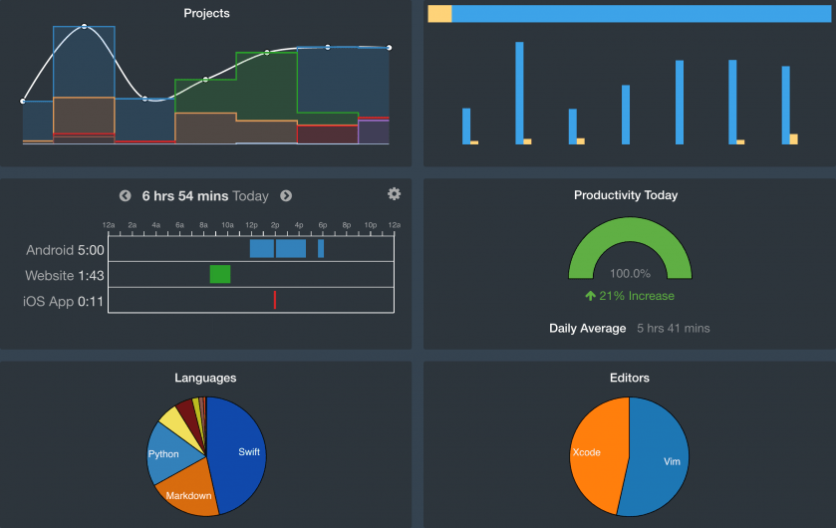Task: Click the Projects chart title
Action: pyautogui.click(x=206, y=14)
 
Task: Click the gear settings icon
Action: pyautogui.click(x=394, y=194)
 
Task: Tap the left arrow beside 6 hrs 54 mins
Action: pyautogui.click(x=125, y=196)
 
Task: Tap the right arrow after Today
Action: pyautogui.click(x=286, y=196)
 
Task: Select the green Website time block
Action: pyautogui.click(x=220, y=274)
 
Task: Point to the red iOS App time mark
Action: pyautogui.click(x=275, y=300)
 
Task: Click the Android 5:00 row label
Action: pyautogui.click(x=64, y=250)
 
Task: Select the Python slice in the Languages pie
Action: pyautogui.click(x=165, y=453)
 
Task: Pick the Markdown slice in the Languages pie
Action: pyautogui.click(x=188, y=493)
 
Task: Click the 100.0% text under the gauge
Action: pyautogui.click(x=630, y=273)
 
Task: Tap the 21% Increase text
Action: pyautogui.click(x=630, y=296)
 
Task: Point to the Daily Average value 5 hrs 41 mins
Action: pyautogui.click(x=674, y=328)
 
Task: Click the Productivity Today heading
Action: pyautogui.click(x=626, y=195)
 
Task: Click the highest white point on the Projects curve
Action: pyautogui.click(x=85, y=26)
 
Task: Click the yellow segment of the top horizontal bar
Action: pyautogui.click(x=439, y=14)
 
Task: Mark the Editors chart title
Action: pyautogui.click(x=629, y=378)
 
